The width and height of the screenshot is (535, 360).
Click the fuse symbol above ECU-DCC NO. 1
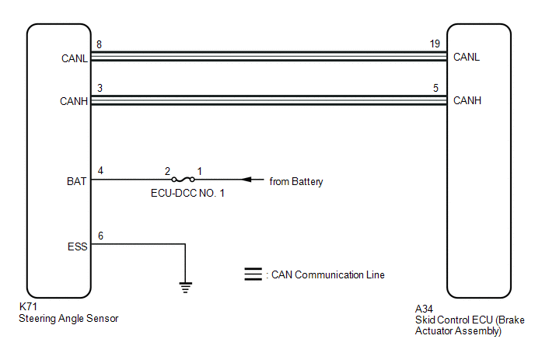point(184,179)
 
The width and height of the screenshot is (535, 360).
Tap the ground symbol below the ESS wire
point(185,288)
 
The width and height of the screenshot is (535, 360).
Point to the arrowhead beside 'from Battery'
point(247,179)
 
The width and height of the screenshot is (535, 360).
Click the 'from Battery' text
point(295,181)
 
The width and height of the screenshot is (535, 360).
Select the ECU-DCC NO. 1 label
point(187,193)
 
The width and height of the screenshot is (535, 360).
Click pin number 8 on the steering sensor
point(99,44)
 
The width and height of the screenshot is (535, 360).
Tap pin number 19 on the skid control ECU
point(435,44)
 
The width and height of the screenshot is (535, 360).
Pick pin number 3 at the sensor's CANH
point(100,88)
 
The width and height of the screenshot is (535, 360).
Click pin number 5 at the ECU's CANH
point(435,88)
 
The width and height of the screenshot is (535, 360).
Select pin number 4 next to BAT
point(100,170)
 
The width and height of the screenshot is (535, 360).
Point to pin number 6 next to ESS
point(100,236)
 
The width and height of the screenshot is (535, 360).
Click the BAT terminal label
point(76,181)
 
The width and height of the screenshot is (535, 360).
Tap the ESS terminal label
point(78,246)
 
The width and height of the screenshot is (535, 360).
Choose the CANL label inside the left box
point(75,58)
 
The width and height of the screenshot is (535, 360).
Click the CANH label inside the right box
point(467,100)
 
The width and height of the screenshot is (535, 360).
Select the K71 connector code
point(28,306)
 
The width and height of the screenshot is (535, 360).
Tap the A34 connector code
point(424,309)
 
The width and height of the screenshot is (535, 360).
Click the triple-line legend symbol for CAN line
point(254,274)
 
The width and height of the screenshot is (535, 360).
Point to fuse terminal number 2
point(167,171)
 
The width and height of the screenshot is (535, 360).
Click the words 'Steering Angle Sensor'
point(68,318)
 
